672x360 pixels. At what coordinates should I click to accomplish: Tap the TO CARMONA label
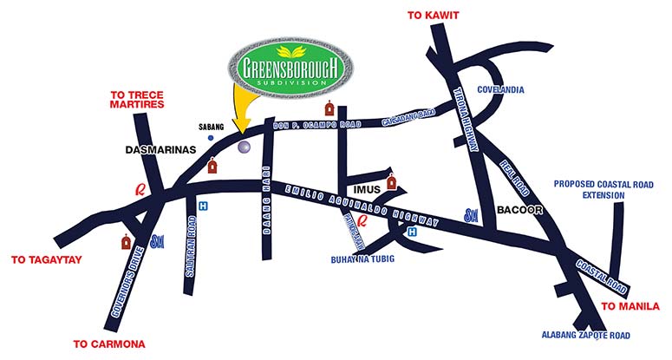pos(108,344)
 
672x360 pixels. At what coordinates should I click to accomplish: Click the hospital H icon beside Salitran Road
pos(203,206)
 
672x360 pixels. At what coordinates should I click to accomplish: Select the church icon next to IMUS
pos(392,183)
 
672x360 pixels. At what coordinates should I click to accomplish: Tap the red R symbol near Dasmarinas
pos(136,187)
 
